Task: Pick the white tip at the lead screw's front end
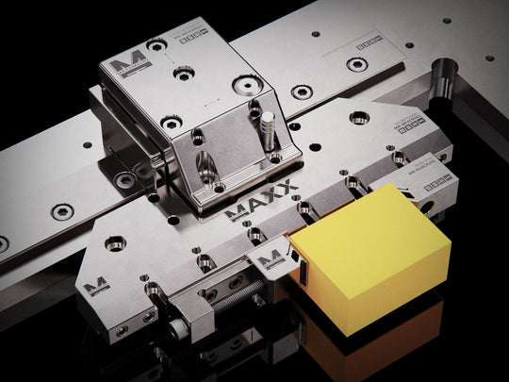[x=176, y=326]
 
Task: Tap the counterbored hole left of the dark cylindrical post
[x=357, y=65]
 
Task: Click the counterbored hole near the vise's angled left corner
[x=115, y=243]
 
